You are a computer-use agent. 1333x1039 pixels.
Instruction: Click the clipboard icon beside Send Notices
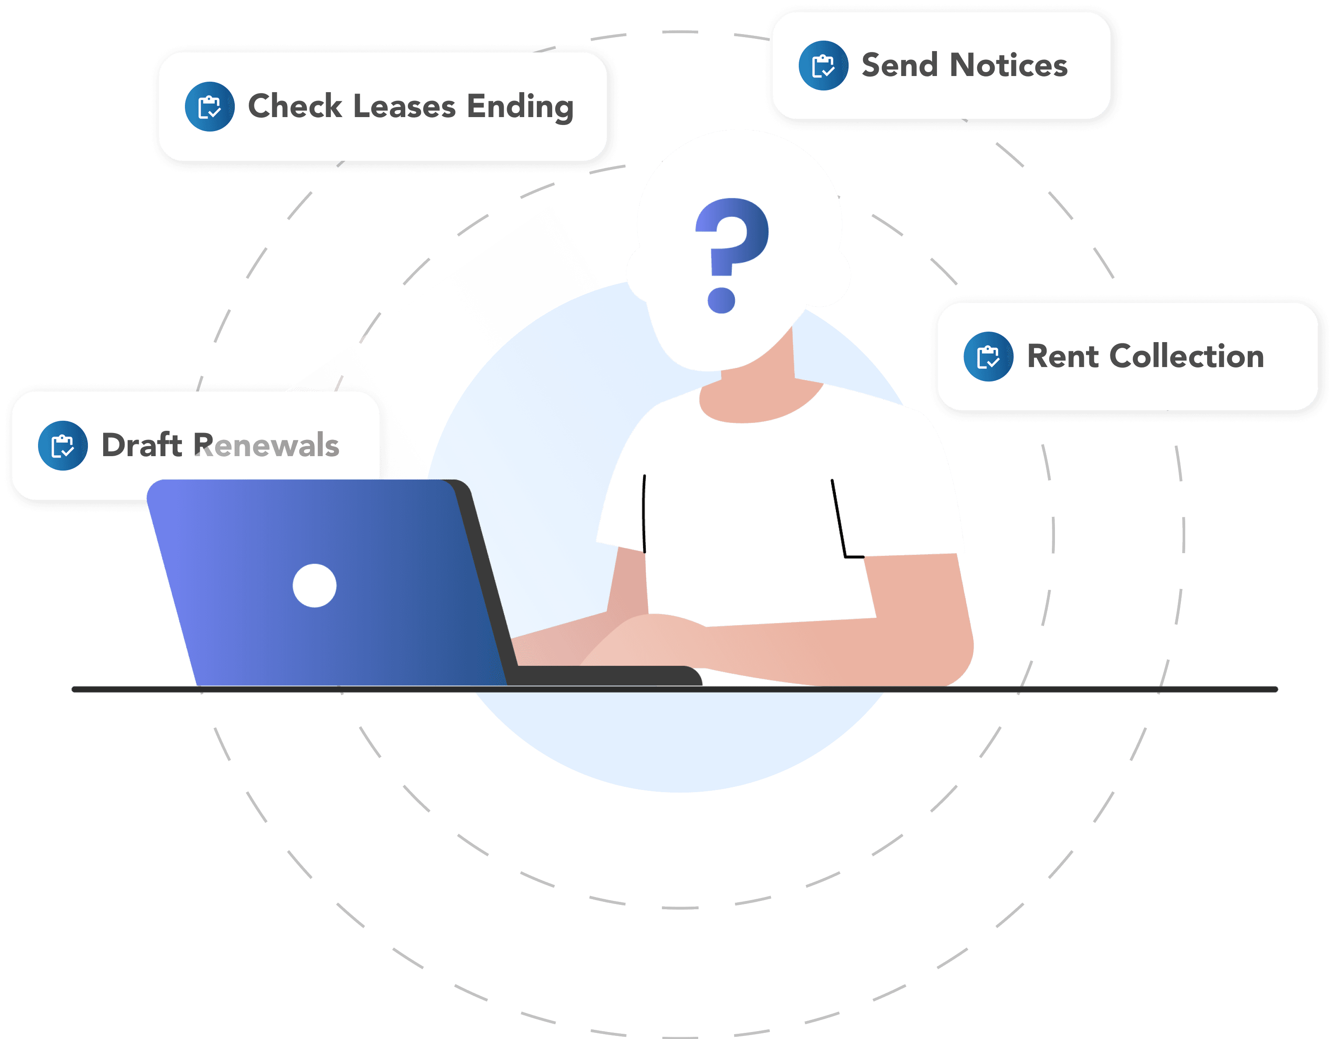click(x=823, y=66)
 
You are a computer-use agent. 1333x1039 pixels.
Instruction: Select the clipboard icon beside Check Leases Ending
click(x=209, y=107)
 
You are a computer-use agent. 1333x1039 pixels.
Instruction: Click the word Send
click(x=899, y=65)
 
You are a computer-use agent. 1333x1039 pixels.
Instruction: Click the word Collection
click(x=1187, y=356)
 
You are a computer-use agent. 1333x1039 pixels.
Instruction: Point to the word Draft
click(x=142, y=445)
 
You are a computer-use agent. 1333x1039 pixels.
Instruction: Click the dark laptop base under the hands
click(x=604, y=675)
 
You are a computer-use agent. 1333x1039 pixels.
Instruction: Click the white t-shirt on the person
click(x=751, y=519)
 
